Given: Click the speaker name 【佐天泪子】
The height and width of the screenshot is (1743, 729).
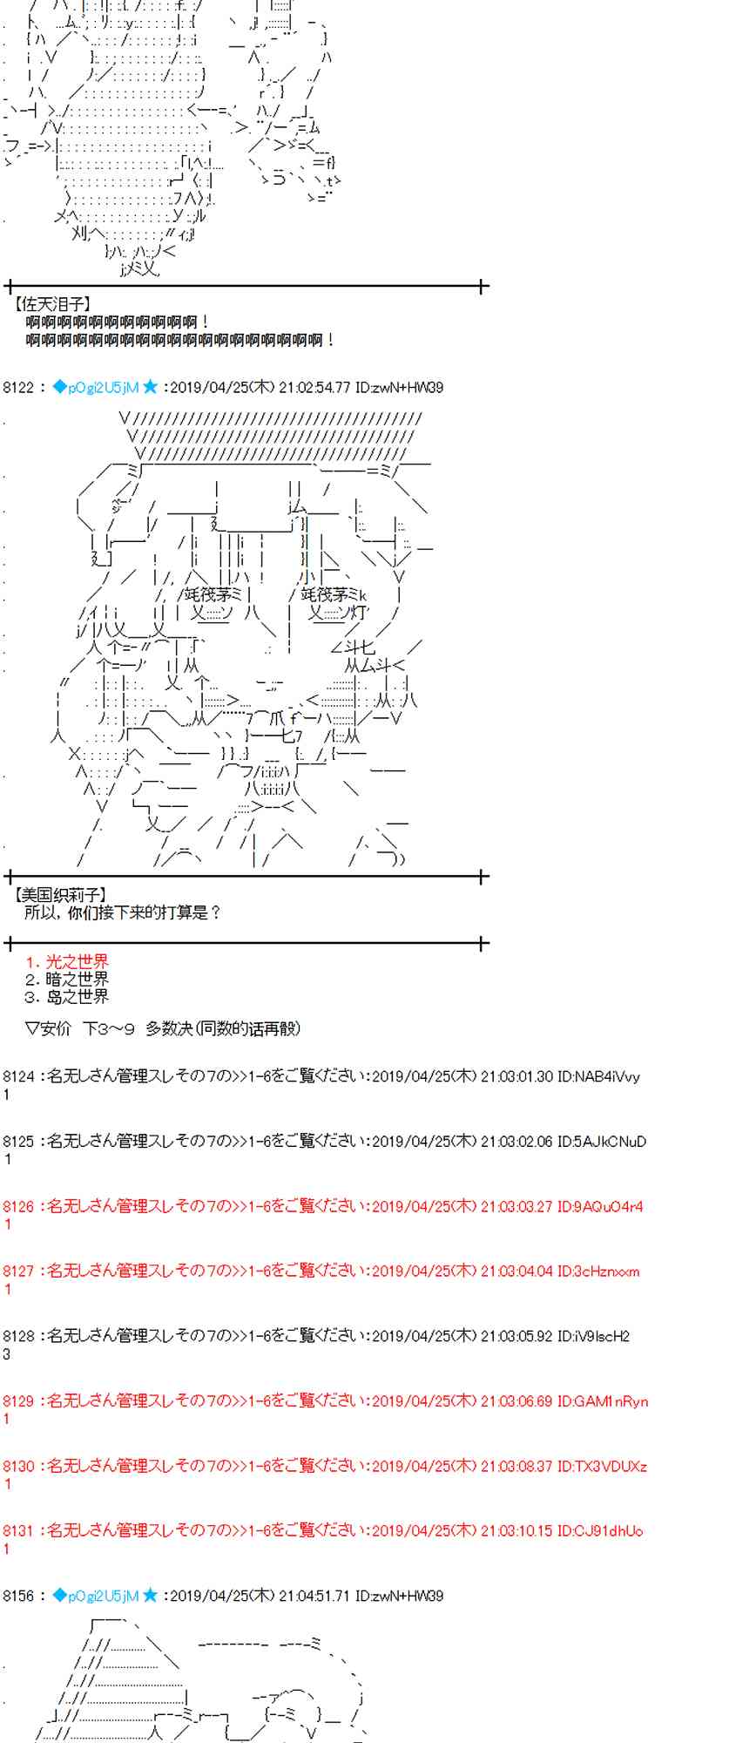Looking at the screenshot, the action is pyautogui.click(x=52, y=304).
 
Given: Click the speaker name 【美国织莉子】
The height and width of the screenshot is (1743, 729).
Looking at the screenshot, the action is pyautogui.click(x=60, y=894).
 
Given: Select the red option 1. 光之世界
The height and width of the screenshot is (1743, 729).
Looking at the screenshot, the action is pyautogui.click(x=67, y=962).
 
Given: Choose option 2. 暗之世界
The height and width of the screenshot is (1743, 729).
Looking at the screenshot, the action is pyautogui.click(x=67, y=980).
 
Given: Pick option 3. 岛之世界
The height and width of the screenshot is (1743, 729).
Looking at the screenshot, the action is pyautogui.click(x=67, y=997).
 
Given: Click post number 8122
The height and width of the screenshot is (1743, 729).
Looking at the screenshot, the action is pyautogui.click(x=18, y=387).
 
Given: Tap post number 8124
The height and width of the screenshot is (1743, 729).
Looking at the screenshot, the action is pyautogui.click(x=18, y=1076).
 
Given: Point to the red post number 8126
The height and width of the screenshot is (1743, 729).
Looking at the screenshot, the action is pyautogui.click(x=18, y=1206).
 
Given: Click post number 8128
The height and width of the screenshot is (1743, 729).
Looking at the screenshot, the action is pyautogui.click(x=18, y=1336).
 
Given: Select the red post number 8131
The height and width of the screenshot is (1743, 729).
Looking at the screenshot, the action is pyautogui.click(x=18, y=1530).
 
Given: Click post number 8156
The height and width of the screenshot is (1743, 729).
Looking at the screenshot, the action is pyautogui.click(x=18, y=1596).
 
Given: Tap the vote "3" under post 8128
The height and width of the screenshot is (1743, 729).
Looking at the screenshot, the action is pyautogui.click(x=7, y=1354).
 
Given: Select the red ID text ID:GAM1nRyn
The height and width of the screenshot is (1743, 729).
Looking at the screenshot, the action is pyautogui.click(x=603, y=1401).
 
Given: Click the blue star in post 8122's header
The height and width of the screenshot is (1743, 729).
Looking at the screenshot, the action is pyautogui.click(x=151, y=387).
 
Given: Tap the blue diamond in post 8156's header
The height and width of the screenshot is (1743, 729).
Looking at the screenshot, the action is pyautogui.click(x=59, y=1596).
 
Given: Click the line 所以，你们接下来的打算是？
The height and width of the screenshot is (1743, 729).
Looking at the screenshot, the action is pyautogui.click(x=123, y=912).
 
